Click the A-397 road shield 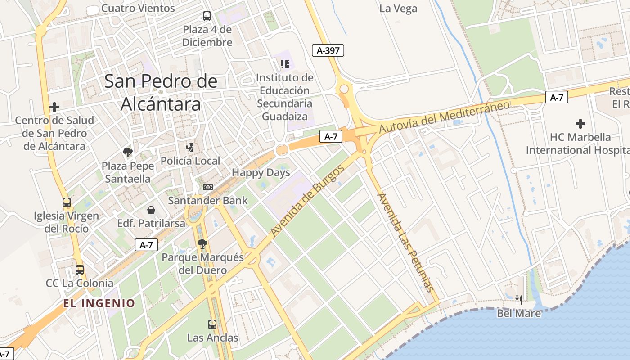click(x=328, y=50)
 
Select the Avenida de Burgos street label click(x=308, y=201)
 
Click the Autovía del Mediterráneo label click(x=444, y=117)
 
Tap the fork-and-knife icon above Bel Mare click(x=519, y=300)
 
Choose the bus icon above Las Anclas click(x=212, y=324)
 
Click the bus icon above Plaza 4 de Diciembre click(x=207, y=16)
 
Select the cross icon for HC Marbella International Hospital click(x=580, y=123)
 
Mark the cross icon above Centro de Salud click(x=54, y=107)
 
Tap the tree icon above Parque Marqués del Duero click(x=202, y=244)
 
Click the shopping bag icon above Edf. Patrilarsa click(x=151, y=210)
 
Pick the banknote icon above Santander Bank click(x=207, y=187)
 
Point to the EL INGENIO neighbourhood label click(x=99, y=303)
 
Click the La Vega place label click(x=398, y=9)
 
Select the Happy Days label click(x=261, y=173)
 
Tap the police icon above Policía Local click(x=191, y=147)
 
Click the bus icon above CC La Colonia click(x=80, y=270)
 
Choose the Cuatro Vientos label click(x=138, y=8)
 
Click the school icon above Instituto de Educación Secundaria click(x=284, y=64)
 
